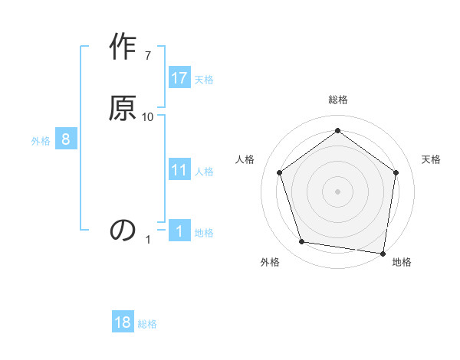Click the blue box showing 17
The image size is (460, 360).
click(x=179, y=78)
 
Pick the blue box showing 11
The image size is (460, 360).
click(x=179, y=170)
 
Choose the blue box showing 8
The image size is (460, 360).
click(x=66, y=139)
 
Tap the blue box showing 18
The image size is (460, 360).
click(x=123, y=322)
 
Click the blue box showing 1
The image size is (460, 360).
click(x=179, y=231)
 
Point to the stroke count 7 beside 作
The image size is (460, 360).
click(x=148, y=56)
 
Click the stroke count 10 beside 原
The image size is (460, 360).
click(x=148, y=116)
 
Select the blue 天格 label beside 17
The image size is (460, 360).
click(x=204, y=79)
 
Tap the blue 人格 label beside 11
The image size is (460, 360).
click(x=204, y=171)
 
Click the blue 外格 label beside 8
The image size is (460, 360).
click(x=41, y=140)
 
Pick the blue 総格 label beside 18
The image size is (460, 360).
click(x=147, y=324)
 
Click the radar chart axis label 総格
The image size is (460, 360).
click(x=337, y=100)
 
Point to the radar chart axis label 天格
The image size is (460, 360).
click(x=431, y=159)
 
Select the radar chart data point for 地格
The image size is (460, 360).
click(x=383, y=253)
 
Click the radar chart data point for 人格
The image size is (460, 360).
click(x=279, y=172)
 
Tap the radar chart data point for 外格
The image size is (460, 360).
click(x=302, y=242)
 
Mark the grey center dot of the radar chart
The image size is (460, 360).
click(x=337, y=191)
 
